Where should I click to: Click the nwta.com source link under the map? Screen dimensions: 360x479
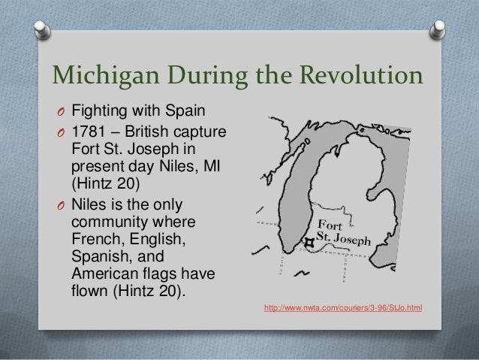pyautogui.click(x=342, y=307)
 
